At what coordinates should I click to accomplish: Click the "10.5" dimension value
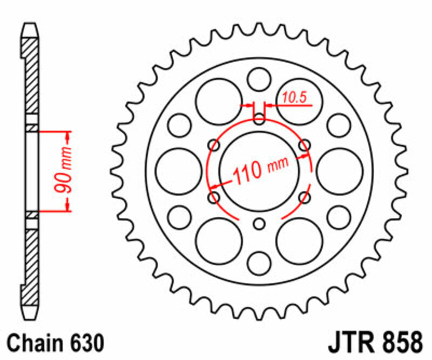tap(294, 97)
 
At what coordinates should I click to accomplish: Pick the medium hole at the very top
tap(259, 79)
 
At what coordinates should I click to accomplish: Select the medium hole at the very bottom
tap(259, 263)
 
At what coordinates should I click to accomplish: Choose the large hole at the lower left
tap(219, 241)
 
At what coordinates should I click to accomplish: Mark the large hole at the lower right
tap(299, 241)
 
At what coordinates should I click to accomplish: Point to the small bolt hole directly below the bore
tap(259, 223)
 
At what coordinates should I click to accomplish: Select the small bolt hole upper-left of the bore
tap(214, 145)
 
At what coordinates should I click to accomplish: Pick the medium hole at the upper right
tap(339, 125)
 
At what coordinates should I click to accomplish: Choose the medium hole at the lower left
tap(179, 217)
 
